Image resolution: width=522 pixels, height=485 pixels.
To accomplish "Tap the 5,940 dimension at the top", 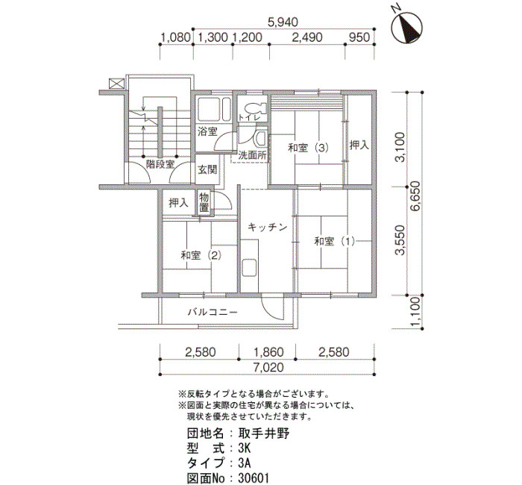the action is click(283, 22).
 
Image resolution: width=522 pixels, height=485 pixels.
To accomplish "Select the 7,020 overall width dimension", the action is click(268, 367).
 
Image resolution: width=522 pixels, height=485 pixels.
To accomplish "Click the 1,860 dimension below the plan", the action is click(268, 351).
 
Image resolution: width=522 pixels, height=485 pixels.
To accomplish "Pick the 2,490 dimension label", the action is click(307, 37).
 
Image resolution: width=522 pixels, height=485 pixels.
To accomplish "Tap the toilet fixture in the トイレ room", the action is click(255, 108).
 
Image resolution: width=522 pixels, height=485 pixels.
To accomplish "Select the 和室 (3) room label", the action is click(308, 148).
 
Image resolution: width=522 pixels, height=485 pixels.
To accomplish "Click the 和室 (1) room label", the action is click(335, 241).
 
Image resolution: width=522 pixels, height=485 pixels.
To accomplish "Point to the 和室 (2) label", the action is click(201, 255).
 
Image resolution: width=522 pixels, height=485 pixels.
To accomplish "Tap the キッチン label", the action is click(267, 228).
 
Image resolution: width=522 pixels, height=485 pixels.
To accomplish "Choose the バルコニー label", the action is click(213, 312).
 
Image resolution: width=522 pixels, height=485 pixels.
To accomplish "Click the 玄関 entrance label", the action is click(207, 170).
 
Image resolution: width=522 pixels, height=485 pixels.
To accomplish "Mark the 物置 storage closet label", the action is click(204, 202).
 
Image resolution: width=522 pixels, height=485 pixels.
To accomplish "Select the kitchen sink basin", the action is click(251, 267).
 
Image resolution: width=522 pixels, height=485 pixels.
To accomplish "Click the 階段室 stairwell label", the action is click(160, 164).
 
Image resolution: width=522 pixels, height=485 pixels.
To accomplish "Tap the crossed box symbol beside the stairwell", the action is click(117, 84).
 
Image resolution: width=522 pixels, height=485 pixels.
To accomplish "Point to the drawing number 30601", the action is click(254, 478).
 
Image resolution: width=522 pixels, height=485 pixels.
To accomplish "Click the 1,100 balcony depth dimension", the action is click(415, 312).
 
